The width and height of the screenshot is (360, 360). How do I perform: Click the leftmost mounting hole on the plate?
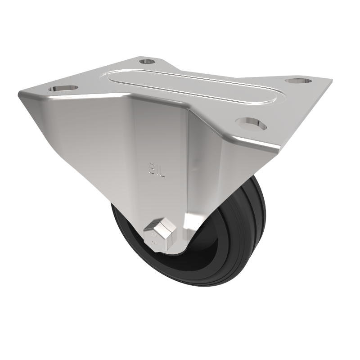tap(63, 88)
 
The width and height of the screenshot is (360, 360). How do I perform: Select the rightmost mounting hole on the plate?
tap(298, 81)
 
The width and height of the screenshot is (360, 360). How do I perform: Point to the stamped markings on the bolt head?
tap(154, 238)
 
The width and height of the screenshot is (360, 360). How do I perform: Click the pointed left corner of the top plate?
tap(20, 94)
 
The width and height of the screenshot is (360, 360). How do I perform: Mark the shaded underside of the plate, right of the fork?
tap(225, 153)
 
